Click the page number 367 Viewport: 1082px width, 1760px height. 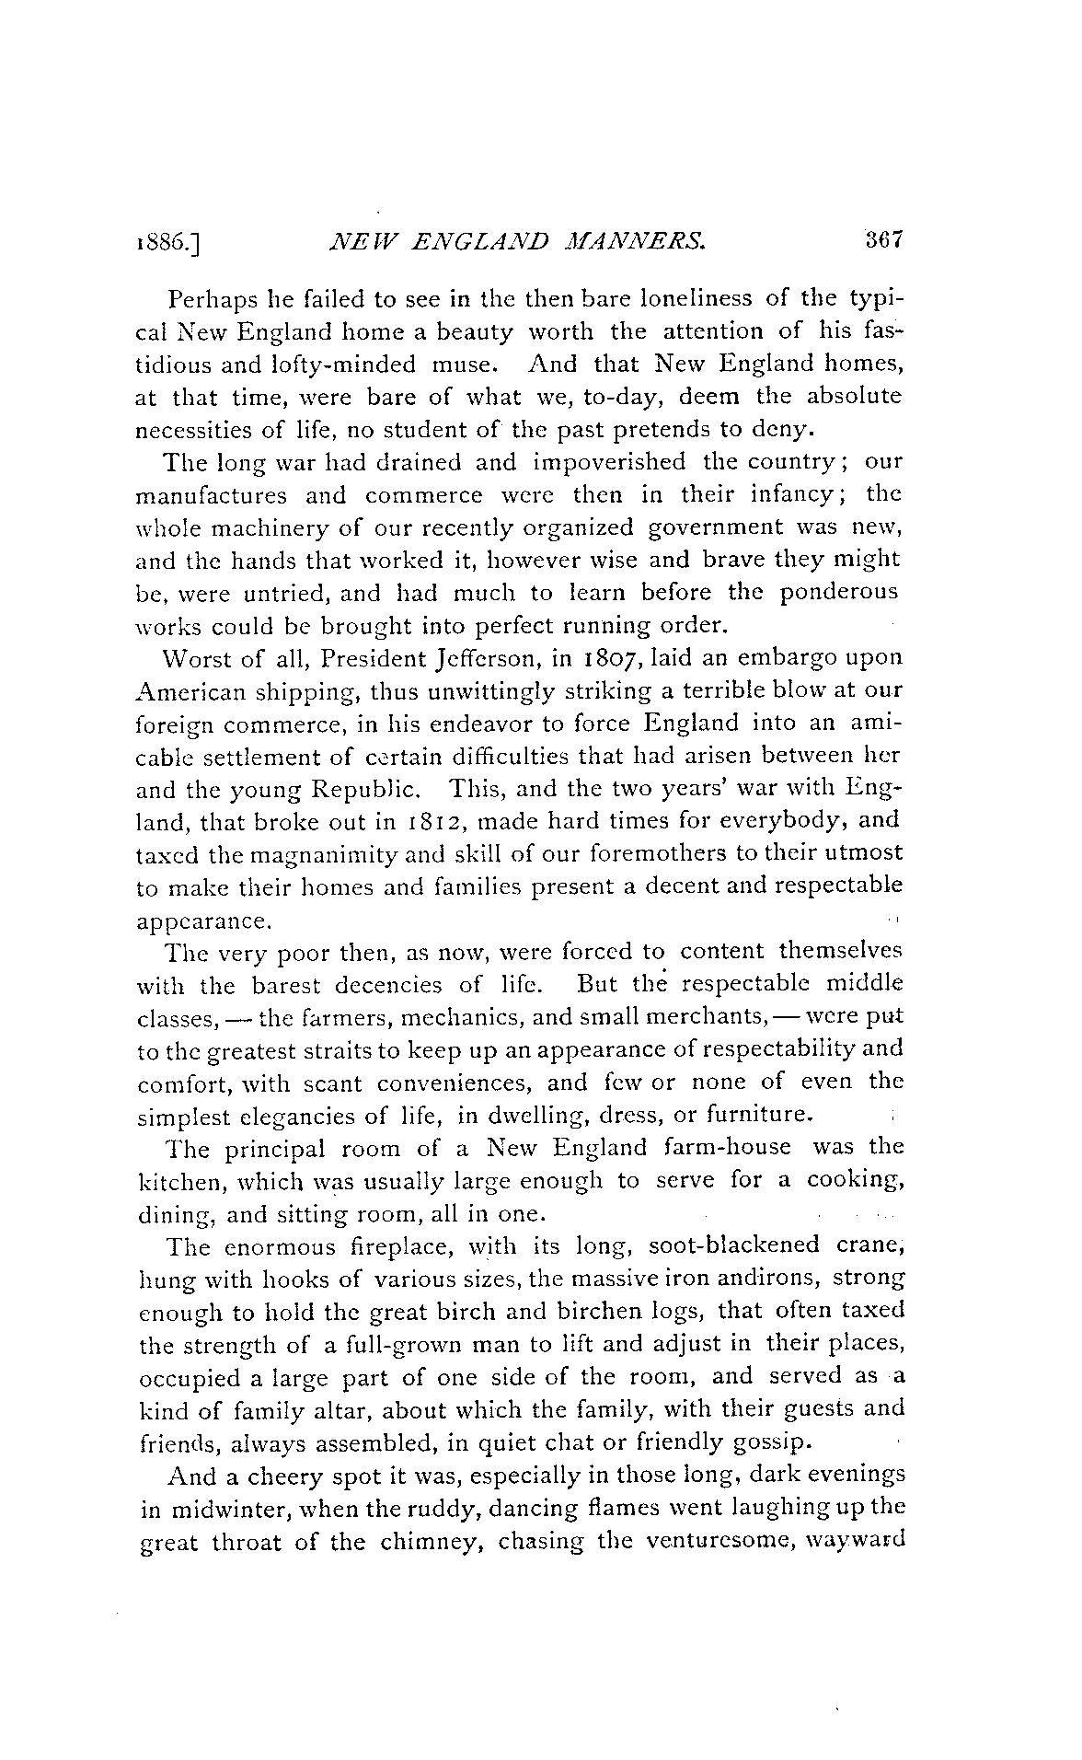886,241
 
